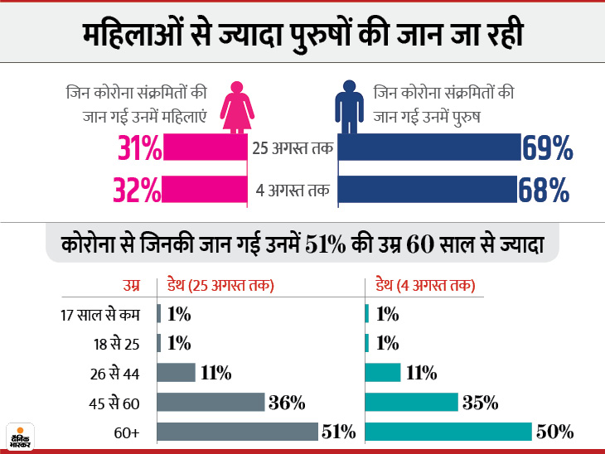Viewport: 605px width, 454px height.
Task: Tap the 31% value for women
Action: pyautogui.click(x=138, y=149)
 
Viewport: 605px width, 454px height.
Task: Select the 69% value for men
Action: pyautogui.click(x=547, y=149)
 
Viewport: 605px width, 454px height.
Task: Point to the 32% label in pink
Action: pyautogui.click(x=138, y=191)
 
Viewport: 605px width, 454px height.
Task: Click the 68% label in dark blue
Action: pyautogui.click(x=545, y=191)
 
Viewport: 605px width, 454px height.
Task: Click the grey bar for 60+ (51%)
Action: pyautogui.click(x=237, y=432)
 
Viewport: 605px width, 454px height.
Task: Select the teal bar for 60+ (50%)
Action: pyautogui.click(x=448, y=432)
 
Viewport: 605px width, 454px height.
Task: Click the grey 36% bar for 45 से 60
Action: pyautogui.click(x=210, y=403)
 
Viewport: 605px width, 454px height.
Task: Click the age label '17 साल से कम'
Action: pyautogui.click(x=101, y=314)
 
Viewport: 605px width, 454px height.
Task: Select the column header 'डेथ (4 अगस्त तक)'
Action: pyautogui.click(x=423, y=287)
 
